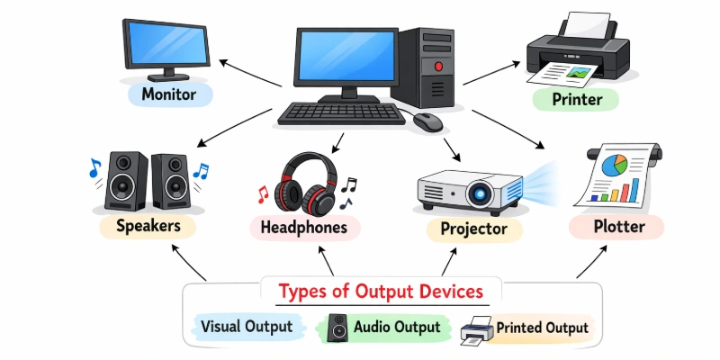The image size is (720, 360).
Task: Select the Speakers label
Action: click(148, 226)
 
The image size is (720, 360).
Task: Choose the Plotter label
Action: click(618, 226)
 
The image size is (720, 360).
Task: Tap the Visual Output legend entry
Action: click(247, 327)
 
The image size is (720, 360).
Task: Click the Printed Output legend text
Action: click(542, 328)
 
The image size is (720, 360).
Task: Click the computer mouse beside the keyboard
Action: click(429, 121)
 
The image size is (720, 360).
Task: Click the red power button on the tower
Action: click(438, 66)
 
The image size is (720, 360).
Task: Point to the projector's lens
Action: click(479, 191)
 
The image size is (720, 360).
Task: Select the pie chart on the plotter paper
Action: click(615, 165)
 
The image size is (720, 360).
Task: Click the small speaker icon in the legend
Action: click(337, 326)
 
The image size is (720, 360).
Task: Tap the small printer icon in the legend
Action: click(476, 329)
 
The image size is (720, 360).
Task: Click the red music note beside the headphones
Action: click(263, 193)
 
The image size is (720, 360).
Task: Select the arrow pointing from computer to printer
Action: click(491, 74)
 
